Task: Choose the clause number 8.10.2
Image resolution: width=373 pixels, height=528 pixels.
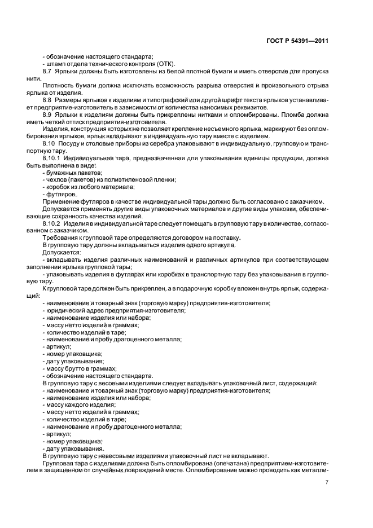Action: (52, 224)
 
